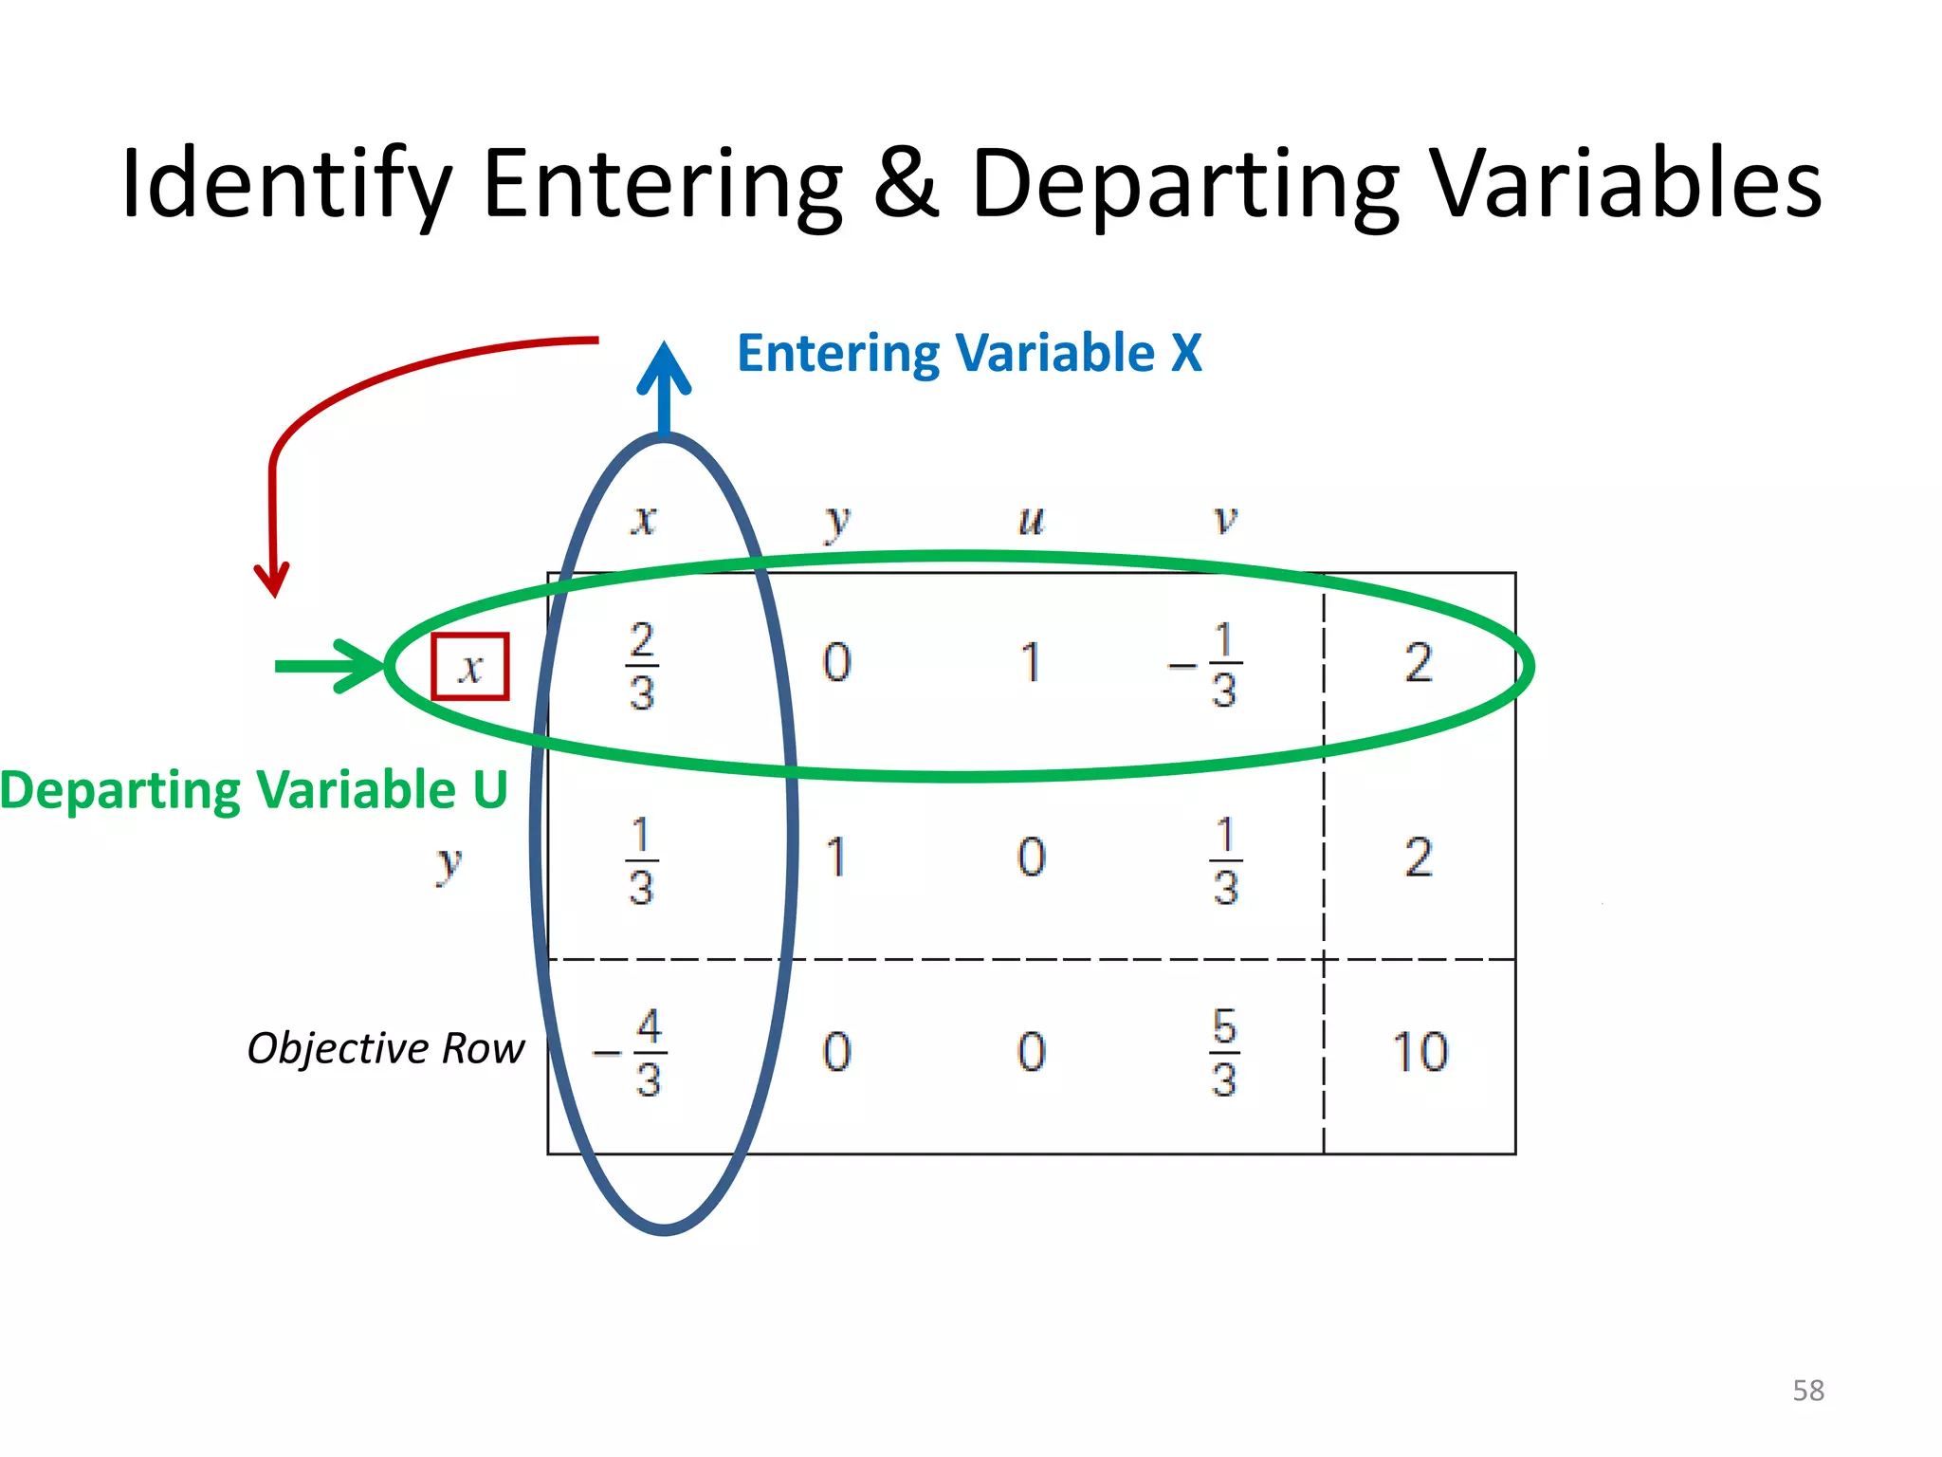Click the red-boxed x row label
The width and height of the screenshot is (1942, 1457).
[470, 667]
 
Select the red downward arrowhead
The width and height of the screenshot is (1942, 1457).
[272, 579]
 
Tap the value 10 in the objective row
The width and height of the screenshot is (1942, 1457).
[1420, 1052]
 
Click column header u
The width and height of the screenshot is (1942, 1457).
[1031, 520]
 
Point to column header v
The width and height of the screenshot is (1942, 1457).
[1225, 520]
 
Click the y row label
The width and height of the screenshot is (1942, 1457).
[448, 863]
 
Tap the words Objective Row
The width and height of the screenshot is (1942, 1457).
[385, 1048]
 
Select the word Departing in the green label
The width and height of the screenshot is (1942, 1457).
[120, 790]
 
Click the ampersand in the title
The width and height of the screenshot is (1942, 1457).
[906, 182]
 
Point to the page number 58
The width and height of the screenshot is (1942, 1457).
[1808, 1391]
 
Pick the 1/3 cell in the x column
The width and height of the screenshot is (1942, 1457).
[641, 861]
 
